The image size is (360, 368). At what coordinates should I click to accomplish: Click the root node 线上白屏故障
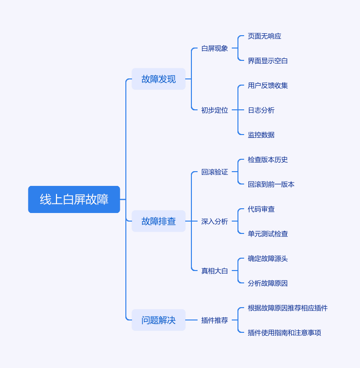pos(74,200)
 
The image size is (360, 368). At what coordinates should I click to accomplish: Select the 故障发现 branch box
pos(159,79)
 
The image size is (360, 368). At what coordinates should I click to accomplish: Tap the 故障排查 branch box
pos(159,221)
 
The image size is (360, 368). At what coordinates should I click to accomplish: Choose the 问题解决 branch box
pos(159,320)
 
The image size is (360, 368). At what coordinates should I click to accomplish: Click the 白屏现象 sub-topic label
pos(215,48)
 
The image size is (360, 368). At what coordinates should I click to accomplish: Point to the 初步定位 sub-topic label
pos(215,110)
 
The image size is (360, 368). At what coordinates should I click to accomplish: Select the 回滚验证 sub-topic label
pos(215,172)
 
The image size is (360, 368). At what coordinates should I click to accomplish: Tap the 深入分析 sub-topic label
pos(215,221)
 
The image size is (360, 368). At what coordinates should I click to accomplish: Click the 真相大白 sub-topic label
pos(215,271)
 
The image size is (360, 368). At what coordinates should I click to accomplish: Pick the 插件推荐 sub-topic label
pos(215,320)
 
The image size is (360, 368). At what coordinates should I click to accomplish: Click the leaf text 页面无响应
pos(265,36)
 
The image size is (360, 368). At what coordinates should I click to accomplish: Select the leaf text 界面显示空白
pos(268,61)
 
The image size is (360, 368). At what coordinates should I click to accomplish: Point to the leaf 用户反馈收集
pos(268,86)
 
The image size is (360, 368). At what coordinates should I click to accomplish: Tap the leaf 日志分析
pos(261,110)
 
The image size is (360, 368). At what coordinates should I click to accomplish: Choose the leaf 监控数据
pos(261,135)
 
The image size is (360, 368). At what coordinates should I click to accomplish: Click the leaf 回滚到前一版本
pos(271,184)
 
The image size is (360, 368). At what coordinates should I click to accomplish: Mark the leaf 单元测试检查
pos(268,234)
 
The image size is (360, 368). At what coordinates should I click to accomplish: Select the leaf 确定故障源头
pos(268,258)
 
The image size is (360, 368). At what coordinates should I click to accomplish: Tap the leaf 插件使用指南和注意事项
pos(284,332)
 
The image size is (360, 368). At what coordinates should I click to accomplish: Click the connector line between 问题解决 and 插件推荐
pos(191,320)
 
